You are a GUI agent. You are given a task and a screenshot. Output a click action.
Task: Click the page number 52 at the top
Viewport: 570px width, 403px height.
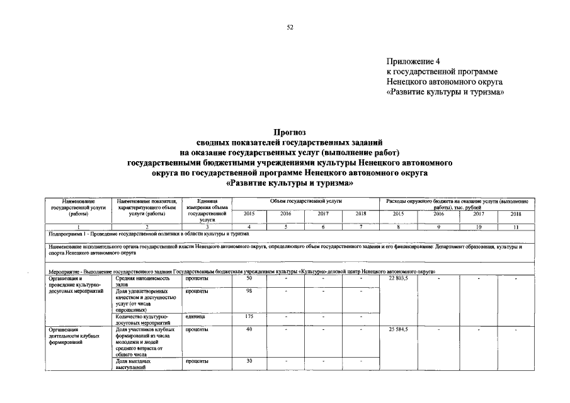coord(290,27)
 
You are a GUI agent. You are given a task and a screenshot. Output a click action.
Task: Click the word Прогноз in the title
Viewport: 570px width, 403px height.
coord(290,133)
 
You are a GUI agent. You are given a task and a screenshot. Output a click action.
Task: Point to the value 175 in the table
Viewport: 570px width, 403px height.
coord(249,317)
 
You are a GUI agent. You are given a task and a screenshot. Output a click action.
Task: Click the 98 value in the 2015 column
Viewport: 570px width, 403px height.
coord(249,292)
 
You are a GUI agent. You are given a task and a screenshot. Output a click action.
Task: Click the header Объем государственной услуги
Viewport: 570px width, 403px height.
coord(306,200)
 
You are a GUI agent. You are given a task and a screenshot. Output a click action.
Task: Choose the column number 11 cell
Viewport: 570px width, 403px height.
coord(515,226)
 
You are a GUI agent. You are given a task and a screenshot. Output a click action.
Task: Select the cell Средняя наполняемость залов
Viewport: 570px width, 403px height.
coord(144,281)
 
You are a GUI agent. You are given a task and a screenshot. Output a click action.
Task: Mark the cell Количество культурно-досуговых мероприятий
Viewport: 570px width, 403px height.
coord(144,319)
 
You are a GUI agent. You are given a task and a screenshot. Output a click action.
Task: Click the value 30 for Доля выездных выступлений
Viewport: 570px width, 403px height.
coord(249,361)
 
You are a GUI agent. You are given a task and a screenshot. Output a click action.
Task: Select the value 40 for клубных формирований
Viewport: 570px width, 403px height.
coord(249,329)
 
